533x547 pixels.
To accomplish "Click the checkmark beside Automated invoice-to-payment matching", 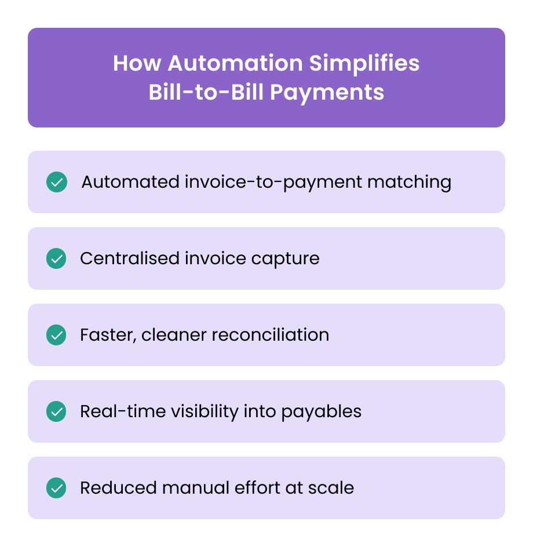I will point(57,182).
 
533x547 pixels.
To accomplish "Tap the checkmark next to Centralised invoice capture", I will point(57,258).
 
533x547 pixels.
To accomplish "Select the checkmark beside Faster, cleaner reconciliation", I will point(57,335).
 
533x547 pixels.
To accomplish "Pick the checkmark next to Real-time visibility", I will point(57,411).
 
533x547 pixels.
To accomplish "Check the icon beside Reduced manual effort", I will point(57,488).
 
